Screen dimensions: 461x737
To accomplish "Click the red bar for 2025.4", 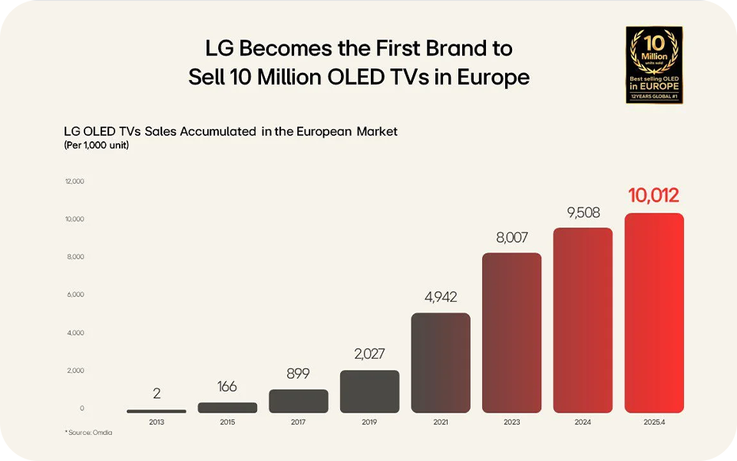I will point(654,313).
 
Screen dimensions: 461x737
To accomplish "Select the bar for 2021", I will point(441,363).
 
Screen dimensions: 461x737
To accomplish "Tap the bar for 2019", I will point(369,391).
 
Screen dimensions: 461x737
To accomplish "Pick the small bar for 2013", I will point(157,411).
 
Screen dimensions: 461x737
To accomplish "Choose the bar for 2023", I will point(512,333).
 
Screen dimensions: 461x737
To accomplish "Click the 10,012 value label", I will point(654,195).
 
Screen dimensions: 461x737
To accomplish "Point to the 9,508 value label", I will point(583,212).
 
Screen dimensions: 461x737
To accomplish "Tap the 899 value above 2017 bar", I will point(299,373).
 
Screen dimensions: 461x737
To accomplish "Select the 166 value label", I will point(227,387).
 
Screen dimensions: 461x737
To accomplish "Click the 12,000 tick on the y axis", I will point(74,181).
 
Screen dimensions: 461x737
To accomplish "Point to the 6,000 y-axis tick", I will point(74,295).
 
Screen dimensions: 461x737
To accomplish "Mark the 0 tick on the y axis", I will point(82,409).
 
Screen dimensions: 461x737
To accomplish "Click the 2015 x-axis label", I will point(227,422).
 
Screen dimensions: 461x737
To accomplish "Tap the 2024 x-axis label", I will point(583,422).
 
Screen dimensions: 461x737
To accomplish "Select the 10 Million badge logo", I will point(654,65).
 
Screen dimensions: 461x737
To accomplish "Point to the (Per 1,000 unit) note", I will point(96,145).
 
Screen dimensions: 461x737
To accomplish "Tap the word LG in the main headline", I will point(220,48).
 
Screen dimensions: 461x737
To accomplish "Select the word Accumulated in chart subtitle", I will point(217,131).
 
